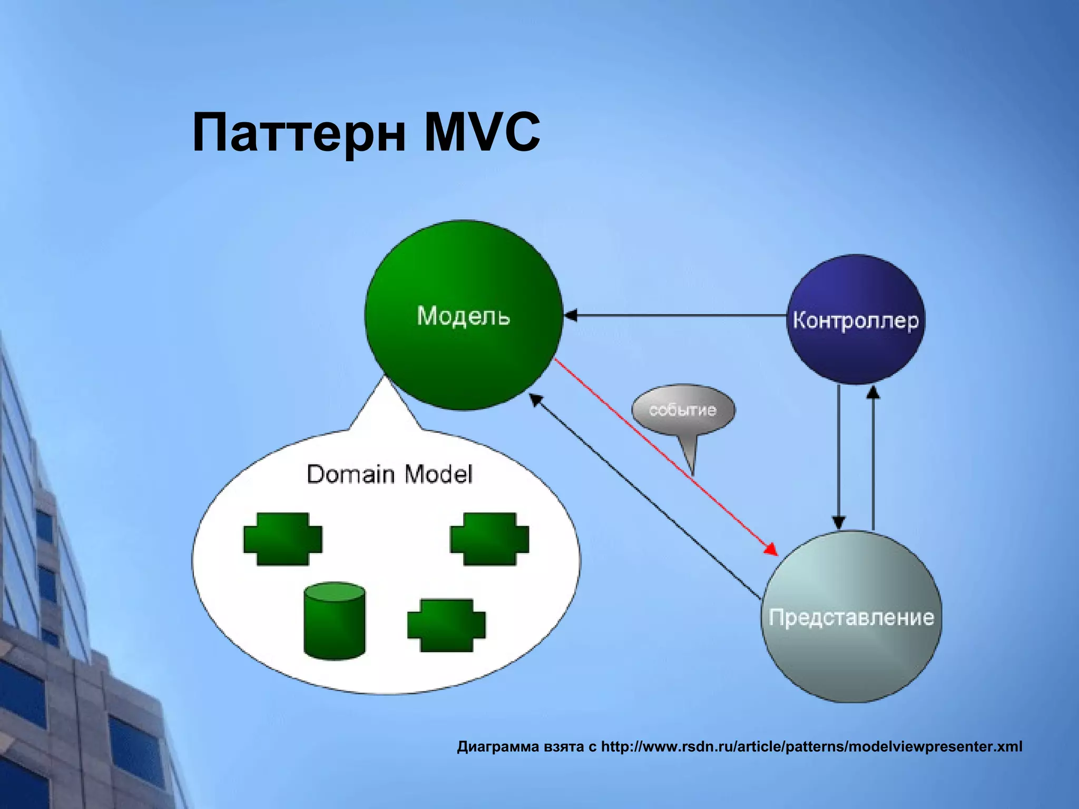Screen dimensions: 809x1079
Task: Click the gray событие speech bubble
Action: [683, 410]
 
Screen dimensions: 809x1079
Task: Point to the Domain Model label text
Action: [389, 474]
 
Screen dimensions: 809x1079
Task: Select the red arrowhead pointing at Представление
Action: [772, 549]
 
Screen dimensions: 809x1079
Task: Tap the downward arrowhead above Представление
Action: [839, 522]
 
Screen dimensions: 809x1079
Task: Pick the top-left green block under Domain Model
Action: [282, 539]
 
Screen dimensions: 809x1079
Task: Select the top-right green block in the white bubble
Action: [489, 539]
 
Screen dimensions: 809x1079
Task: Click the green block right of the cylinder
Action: [446, 625]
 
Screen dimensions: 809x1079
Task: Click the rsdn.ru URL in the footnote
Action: [811, 746]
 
